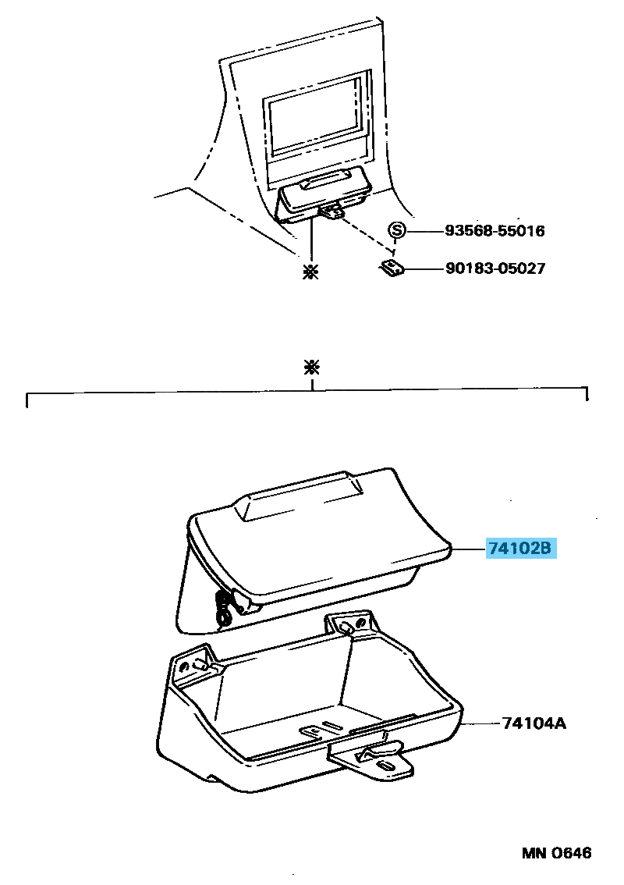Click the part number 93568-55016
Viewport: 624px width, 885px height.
click(495, 231)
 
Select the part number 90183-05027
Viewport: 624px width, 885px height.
click(495, 268)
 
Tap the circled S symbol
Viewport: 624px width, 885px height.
click(397, 230)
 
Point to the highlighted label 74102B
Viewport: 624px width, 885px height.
click(520, 549)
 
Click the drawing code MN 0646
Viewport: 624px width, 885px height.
click(556, 852)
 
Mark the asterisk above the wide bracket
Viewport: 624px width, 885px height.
click(312, 368)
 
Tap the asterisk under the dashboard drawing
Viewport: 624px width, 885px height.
click(311, 272)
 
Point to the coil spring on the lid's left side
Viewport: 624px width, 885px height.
click(225, 607)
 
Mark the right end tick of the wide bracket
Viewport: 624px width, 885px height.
click(587, 395)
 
